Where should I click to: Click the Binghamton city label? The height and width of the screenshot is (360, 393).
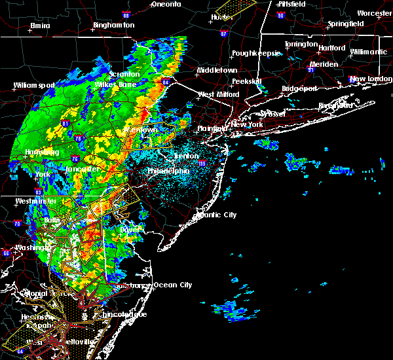pos(114,25)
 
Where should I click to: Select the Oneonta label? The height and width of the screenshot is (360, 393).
pos(166,4)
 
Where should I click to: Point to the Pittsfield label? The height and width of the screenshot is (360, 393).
pos(288,4)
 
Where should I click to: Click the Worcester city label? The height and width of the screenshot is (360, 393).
pos(374,13)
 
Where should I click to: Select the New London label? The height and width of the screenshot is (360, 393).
pos(366,79)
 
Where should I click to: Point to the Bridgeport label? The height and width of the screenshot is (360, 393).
pos(299,88)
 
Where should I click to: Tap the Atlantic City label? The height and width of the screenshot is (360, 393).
pos(217,215)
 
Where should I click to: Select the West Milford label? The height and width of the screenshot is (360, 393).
pos(219,94)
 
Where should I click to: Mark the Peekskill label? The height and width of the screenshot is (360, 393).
pos(246,81)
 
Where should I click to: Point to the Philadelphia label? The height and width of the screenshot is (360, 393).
pos(170,172)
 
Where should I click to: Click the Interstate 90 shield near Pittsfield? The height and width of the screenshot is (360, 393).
pos(280,15)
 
